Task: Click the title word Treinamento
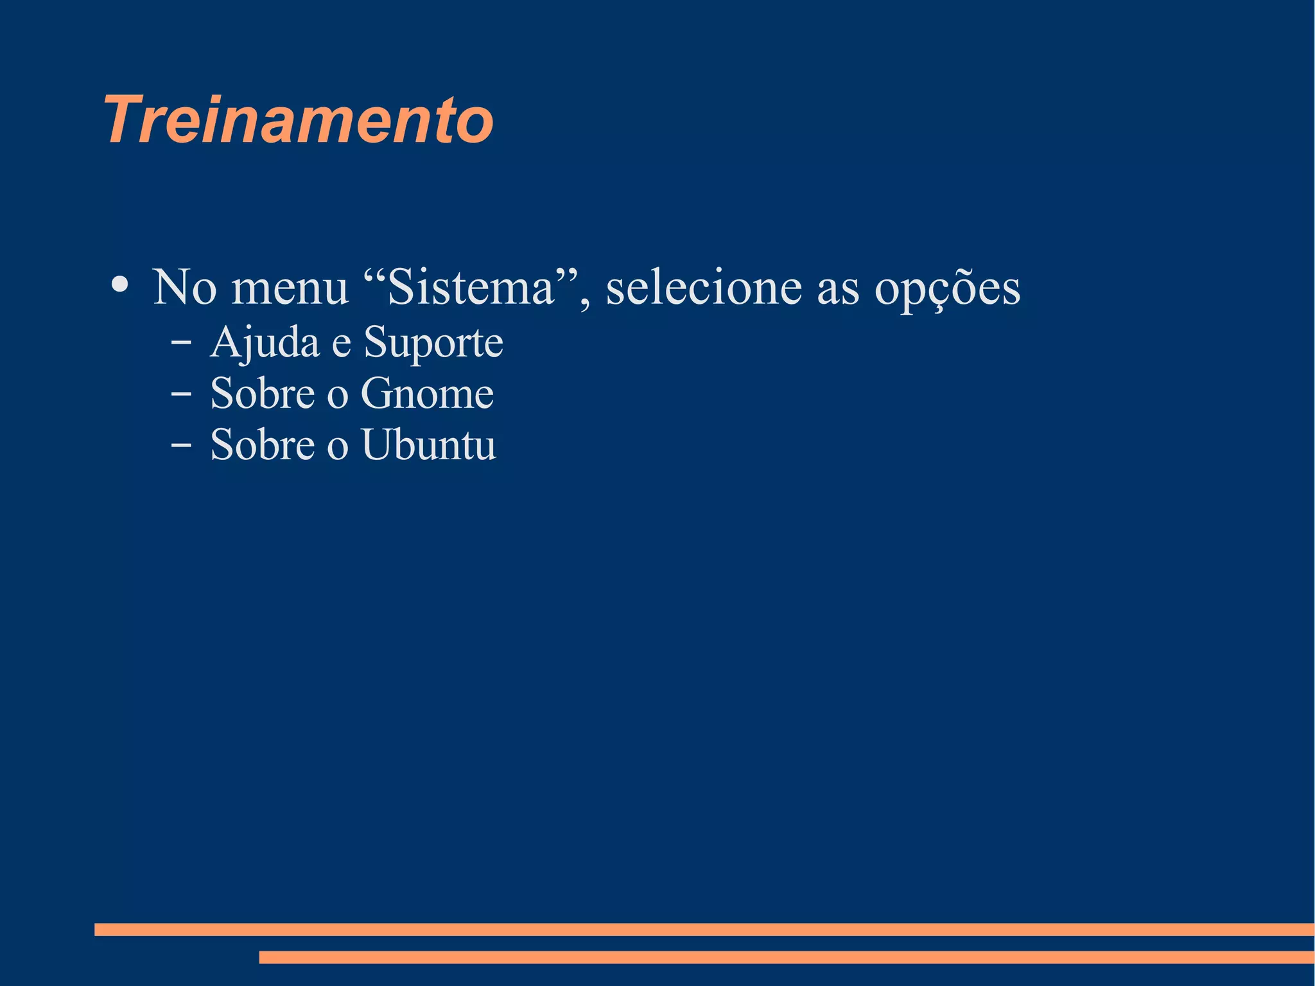299,120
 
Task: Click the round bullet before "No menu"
119,284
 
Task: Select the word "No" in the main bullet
184,287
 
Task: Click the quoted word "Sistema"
472,287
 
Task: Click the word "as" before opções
838,290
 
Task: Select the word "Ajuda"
265,343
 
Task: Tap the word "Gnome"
427,393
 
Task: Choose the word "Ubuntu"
429,445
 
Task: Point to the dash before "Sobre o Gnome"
180,394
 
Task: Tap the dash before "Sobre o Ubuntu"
180,445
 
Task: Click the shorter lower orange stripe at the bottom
787,957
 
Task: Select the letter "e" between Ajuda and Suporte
341,346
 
